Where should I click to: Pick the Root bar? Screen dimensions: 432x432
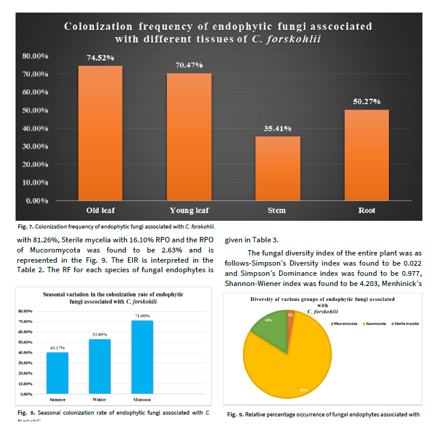click(x=367, y=155)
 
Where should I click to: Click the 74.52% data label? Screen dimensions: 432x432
click(x=100, y=58)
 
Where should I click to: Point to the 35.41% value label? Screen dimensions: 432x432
click(x=278, y=129)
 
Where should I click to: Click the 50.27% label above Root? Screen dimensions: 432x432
click(x=367, y=102)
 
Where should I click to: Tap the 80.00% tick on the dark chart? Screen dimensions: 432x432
click(x=35, y=56)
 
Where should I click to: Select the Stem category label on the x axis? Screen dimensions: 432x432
click(x=277, y=210)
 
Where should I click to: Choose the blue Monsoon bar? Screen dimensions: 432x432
click(x=142, y=357)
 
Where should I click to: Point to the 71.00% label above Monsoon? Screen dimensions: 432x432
click(x=142, y=316)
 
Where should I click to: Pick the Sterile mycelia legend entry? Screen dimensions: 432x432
click(x=406, y=324)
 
